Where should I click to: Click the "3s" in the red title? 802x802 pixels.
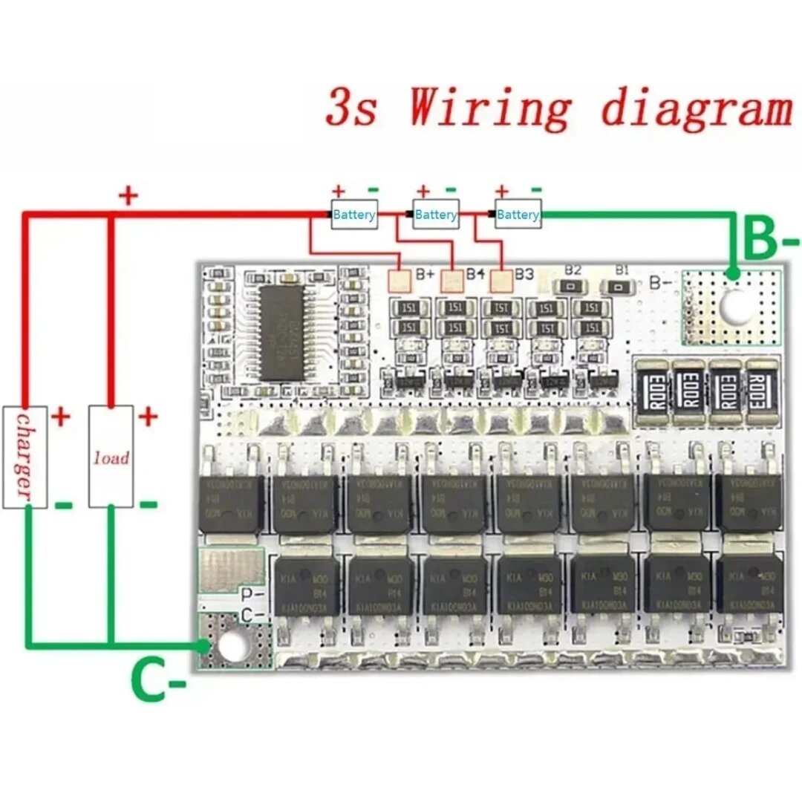tap(352, 107)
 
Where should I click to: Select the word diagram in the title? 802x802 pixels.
tap(697, 107)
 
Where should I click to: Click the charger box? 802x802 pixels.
tap(25, 456)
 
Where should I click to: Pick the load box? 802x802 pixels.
tap(111, 456)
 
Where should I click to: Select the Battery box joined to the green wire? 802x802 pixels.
tap(518, 215)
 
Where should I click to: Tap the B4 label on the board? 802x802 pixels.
tap(475, 274)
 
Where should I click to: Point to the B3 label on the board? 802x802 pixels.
tap(524, 274)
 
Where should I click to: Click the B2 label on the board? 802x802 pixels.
tap(572, 270)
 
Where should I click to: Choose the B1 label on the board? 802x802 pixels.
tap(621, 270)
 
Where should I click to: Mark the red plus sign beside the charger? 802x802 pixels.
tap(61, 416)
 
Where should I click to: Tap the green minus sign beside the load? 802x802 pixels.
tap(149, 505)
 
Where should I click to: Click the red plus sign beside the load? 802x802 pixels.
tap(149, 416)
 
